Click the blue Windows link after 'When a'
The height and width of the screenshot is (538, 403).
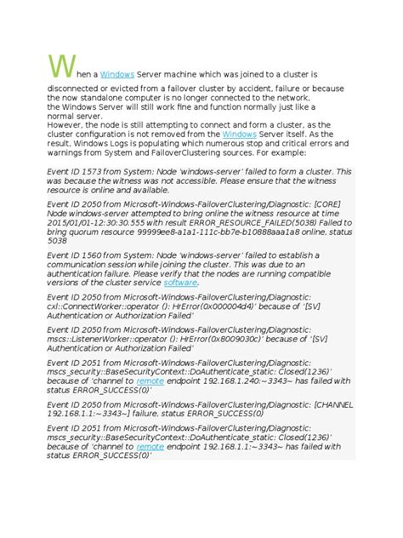[117, 75]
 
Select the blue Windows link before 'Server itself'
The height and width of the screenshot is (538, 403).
[239, 134]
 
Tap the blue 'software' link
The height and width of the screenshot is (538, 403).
[180, 282]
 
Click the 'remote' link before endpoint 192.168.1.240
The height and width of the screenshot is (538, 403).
[150, 381]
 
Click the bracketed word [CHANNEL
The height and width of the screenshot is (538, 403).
[333, 404]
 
